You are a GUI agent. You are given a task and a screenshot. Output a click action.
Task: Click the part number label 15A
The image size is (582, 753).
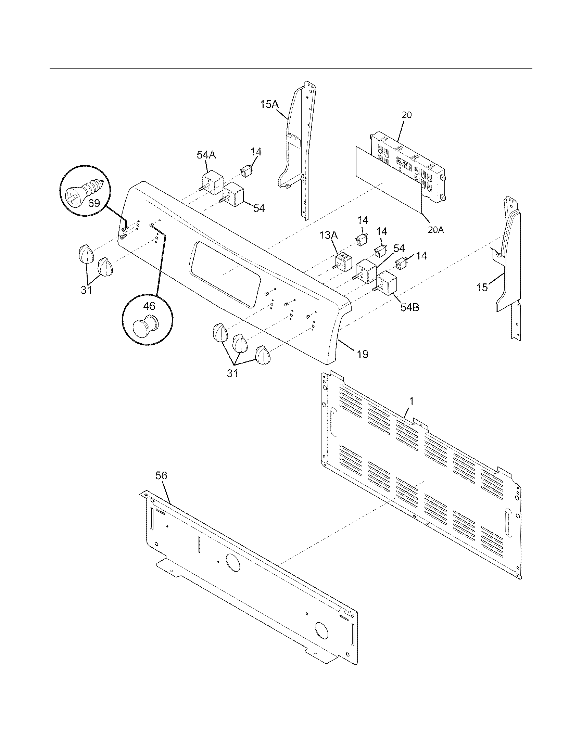(269, 104)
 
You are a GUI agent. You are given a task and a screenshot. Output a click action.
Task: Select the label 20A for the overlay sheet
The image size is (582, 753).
(436, 229)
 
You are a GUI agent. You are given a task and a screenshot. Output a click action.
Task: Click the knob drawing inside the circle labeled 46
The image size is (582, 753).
(145, 327)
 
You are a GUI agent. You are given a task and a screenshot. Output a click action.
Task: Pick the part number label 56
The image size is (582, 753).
(161, 475)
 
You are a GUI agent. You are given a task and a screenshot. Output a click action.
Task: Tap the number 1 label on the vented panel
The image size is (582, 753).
(411, 401)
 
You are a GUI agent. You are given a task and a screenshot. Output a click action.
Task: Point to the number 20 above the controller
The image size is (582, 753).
(407, 115)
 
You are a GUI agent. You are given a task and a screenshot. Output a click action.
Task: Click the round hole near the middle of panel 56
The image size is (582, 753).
(233, 562)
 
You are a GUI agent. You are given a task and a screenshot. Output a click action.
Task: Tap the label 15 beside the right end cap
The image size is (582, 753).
(482, 287)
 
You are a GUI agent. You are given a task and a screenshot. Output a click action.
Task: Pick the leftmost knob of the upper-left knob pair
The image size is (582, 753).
(85, 254)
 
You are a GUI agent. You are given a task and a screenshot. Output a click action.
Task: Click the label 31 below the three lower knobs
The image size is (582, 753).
(232, 373)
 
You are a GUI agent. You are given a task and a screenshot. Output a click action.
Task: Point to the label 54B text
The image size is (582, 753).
(409, 307)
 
